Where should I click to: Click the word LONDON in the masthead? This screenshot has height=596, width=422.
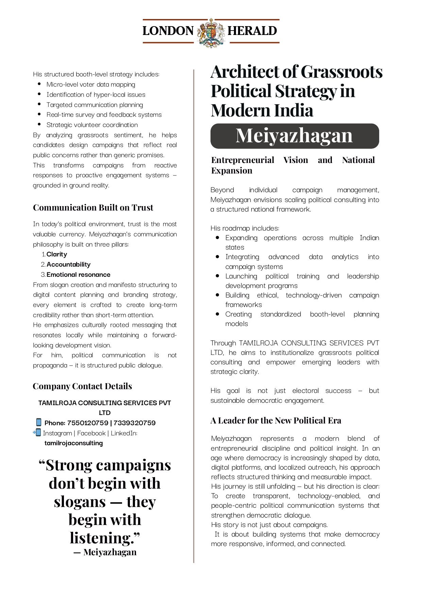coord(168,31)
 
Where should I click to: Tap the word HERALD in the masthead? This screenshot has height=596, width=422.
coord(252,31)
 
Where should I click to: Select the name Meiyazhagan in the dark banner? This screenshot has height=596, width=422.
coord(294,136)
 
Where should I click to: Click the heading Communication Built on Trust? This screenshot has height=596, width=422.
coord(93,207)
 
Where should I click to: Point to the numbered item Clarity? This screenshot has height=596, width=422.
coord(57,254)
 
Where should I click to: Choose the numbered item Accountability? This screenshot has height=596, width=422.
coord(68,265)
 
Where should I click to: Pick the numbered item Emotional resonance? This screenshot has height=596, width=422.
coord(78,275)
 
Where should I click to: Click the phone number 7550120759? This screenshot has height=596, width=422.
coord(88,423)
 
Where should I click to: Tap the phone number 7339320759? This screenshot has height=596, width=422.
coord(134,423)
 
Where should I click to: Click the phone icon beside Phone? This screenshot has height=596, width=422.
coord(38,422)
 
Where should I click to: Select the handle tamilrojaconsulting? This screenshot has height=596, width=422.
coord(73,443)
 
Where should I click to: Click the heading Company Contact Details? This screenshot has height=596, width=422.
coord(82,386)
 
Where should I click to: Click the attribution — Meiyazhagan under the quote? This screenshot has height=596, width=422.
coord(105,553)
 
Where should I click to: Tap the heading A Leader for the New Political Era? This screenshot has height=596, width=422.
coord(276,421)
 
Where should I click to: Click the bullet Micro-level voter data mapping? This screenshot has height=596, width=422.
coord(91,85)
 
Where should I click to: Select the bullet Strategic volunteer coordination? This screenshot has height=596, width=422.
coord(92,125)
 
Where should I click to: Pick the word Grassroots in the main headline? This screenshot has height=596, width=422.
coord(341,72)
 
